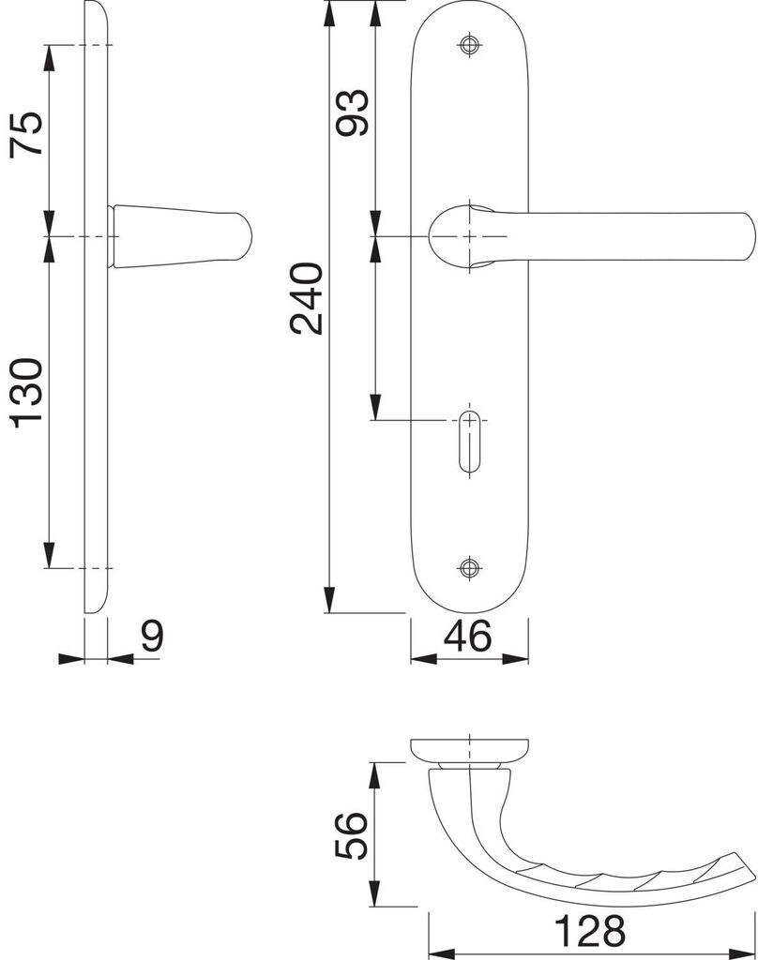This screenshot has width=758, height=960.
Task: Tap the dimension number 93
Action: click(354, 112)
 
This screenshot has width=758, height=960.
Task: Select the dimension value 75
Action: click(27, 134)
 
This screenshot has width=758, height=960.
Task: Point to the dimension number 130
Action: click(27, 393)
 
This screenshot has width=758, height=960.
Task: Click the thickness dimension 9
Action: click(153, 637)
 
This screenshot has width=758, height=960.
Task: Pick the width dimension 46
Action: click(467, 636)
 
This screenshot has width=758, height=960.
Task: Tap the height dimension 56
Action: click(353, 835)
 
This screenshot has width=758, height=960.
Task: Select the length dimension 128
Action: click(589, 931)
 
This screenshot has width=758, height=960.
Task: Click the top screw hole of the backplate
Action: click(469, 44)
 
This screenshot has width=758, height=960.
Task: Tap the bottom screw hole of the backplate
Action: click(469, 567)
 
